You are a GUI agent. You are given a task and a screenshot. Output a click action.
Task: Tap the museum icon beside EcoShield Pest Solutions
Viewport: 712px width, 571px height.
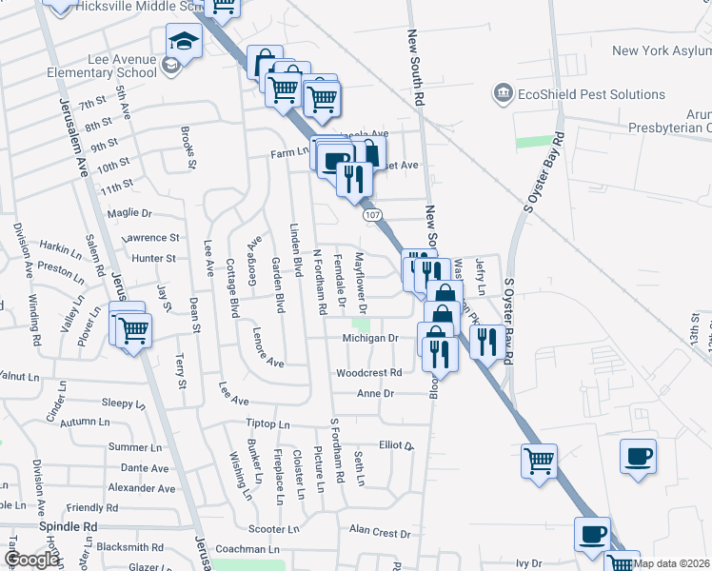click(503, 93)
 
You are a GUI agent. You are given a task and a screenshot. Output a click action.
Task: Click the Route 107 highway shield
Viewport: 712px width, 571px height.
click(372, 216)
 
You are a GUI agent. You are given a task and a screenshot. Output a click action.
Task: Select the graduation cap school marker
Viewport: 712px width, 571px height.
click(181, 41)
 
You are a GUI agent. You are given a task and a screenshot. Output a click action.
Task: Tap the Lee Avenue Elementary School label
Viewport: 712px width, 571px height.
click(122, 66)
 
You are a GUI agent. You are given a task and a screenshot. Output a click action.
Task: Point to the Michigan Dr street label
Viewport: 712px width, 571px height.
click(370, 339)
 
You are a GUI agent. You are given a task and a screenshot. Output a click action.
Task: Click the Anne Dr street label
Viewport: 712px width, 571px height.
click(375, 393)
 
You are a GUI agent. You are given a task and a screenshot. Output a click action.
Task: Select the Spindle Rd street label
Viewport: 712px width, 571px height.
click(69, 526)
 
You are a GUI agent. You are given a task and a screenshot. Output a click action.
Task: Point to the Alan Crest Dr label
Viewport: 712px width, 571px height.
click(379, 532)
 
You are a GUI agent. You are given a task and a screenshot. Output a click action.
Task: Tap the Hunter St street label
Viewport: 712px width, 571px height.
click(154, 258)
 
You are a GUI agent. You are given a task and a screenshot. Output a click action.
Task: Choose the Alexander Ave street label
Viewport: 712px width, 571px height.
click(142, 488)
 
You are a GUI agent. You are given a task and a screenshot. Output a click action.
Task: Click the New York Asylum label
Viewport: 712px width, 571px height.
click(662, 51)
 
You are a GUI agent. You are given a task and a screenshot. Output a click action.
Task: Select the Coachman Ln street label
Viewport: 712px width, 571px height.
click(247, 549)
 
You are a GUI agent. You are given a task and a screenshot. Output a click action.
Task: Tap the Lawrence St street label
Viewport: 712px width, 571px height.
click(150, 238)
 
